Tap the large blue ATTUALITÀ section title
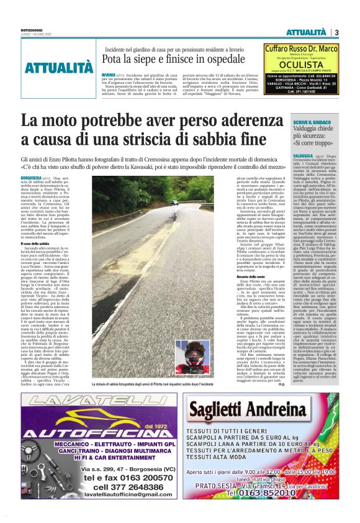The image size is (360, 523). tap(60, 68)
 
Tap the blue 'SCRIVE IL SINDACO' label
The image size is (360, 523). tap(331, 123)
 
